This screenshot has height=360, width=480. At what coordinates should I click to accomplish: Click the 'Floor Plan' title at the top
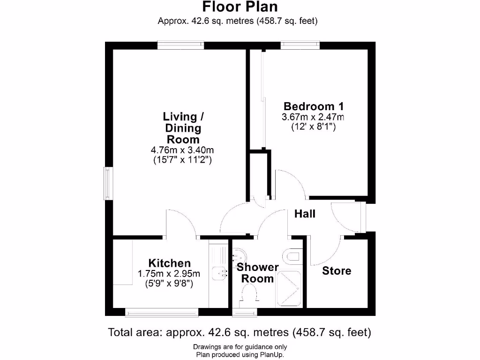[x=240, y=7]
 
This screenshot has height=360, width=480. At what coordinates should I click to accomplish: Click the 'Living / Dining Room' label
[x=183, y=127]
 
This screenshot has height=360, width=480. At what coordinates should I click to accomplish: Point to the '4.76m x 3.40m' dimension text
[x=183, y=150]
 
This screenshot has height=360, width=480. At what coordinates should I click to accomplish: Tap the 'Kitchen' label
[x=169, y=263]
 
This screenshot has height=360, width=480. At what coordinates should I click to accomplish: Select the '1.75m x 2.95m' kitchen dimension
[x=169, y=274]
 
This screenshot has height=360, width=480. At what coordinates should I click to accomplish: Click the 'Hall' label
[x=305, y=214]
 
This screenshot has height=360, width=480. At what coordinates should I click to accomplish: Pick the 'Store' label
[x=337, y=271]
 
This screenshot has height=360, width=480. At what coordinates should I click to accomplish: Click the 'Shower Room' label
[x=257, y=273]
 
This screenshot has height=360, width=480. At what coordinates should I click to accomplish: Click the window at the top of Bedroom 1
[x=300, y=45]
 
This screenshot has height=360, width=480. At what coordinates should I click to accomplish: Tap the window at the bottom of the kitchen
[x=162, y=312]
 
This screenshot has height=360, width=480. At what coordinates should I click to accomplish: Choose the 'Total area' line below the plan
[x=240, y=333]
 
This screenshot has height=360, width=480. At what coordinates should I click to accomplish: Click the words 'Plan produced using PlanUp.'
[x=240, y=354]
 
